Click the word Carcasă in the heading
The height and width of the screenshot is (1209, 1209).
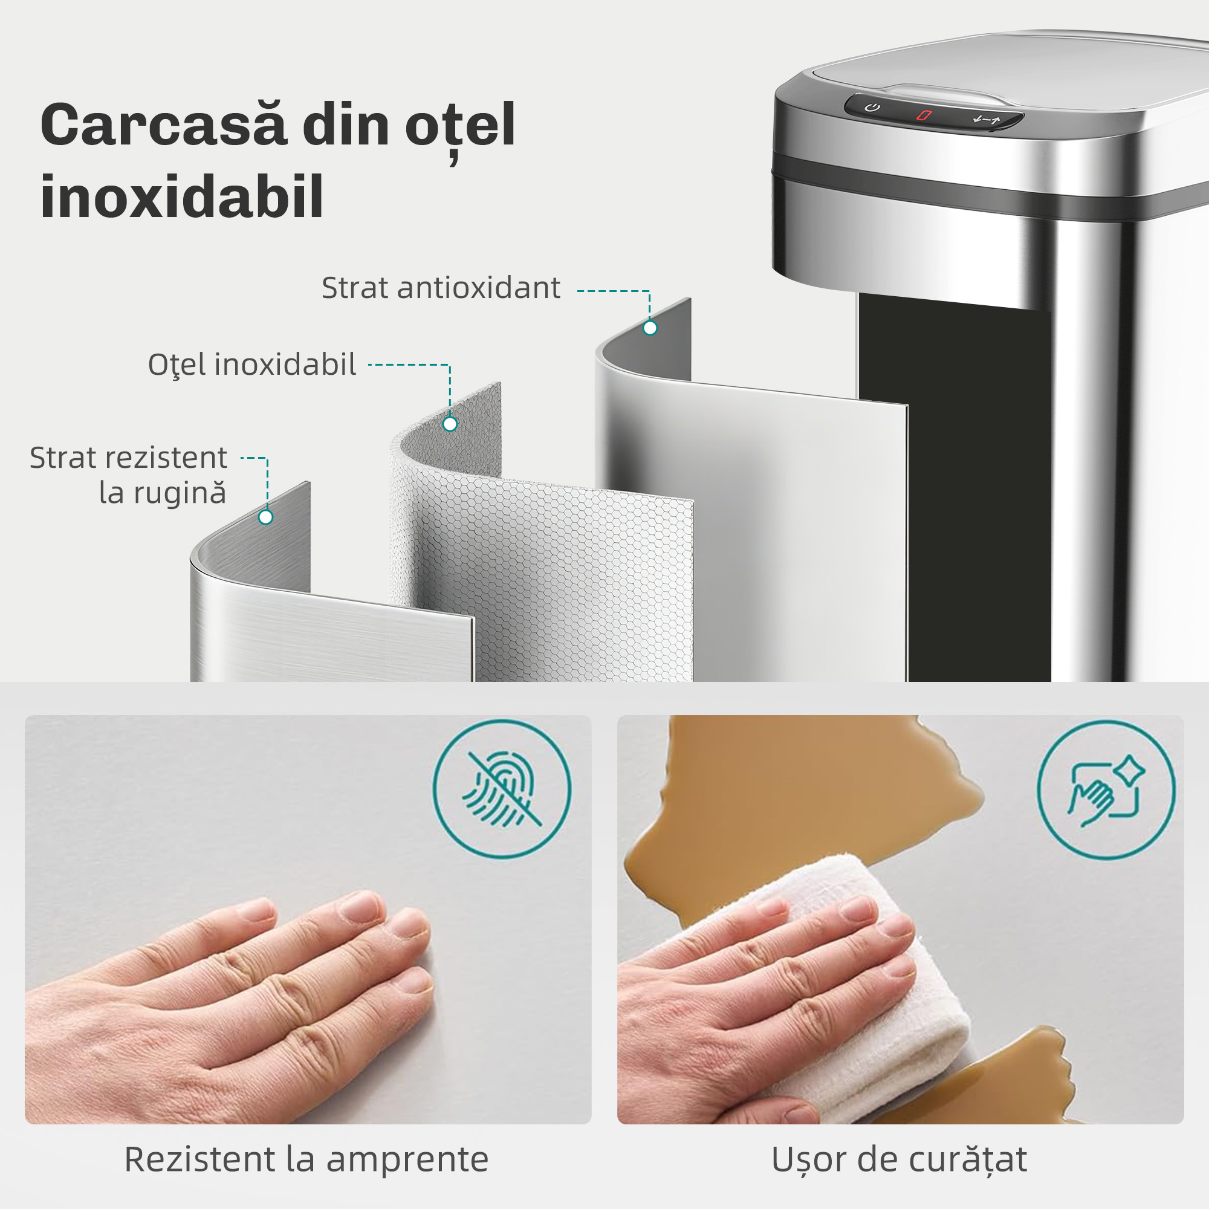[164, 126]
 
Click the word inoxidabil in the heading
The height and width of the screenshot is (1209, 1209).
[181, 197]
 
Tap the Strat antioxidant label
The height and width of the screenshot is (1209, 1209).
[441, 288]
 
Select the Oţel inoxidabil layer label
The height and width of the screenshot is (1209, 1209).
[251, 365]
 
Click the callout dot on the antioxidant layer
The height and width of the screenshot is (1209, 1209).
[650, 328]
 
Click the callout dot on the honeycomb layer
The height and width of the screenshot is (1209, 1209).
[449, 424]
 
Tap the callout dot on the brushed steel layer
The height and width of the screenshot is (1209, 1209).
[265, 517]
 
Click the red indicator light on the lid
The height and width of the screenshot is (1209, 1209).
[924, 115]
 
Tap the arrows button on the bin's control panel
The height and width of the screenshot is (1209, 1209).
[987, 120]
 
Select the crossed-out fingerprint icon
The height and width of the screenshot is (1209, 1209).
[501, 789]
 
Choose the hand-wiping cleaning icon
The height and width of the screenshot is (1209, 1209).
[1106, 789]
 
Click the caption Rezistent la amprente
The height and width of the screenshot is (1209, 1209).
[306, 1159]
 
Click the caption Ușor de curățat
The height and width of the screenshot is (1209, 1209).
[899, 1159]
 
